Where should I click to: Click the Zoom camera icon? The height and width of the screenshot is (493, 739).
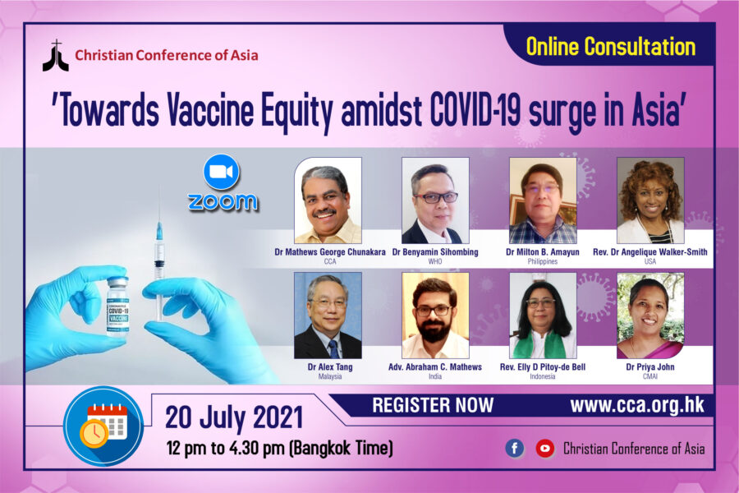(x=222, y=172)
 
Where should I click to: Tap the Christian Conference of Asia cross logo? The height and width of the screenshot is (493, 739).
(x=56, y=56)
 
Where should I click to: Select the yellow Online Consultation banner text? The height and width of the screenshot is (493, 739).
(x=611, y=47)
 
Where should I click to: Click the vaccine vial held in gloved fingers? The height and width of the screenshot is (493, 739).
(x=117, y=306)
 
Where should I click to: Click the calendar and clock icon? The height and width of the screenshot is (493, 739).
(x=103, y=426)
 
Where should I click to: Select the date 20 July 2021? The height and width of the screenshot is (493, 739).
(x=234, y=417)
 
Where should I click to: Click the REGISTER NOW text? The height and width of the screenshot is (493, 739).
(x=433, y=405)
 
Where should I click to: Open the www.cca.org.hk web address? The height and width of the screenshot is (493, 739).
(x=637, y=405)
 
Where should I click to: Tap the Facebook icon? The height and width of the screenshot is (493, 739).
(x=515, y=448)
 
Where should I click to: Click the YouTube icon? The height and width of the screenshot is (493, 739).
(x=545, y=448)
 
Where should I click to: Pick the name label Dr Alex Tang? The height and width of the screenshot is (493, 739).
(x=330, y=366)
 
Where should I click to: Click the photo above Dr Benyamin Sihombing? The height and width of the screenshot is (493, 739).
(x=435, y=200)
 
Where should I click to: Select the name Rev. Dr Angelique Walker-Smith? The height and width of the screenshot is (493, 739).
(x=650, y=252)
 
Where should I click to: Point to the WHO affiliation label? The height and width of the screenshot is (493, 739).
(x=435, y=261)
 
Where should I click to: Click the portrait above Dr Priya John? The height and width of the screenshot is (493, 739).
(x=650, y=316)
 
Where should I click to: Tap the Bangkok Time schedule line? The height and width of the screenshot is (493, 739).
(x=279, y=448)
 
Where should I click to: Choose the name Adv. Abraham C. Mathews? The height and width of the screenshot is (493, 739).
(x=435, y=366)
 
